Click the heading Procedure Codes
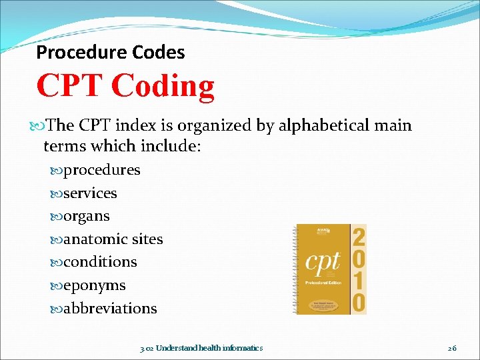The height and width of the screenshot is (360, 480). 111,52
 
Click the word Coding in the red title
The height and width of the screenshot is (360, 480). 163,86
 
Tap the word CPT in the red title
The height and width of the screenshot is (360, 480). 71,86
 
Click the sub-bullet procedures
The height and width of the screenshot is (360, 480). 101,170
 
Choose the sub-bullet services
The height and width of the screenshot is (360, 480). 90,193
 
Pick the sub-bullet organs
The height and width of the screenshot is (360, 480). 87,217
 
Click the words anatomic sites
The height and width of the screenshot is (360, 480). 113,239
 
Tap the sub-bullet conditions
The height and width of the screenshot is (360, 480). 100,262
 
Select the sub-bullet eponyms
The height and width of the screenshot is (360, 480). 94,285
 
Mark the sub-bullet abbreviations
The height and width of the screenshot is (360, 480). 110,309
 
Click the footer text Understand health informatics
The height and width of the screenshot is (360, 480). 209,348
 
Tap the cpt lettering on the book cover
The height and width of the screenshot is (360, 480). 323,260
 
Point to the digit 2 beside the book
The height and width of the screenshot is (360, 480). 359,235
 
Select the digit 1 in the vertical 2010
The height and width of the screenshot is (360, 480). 359,281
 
